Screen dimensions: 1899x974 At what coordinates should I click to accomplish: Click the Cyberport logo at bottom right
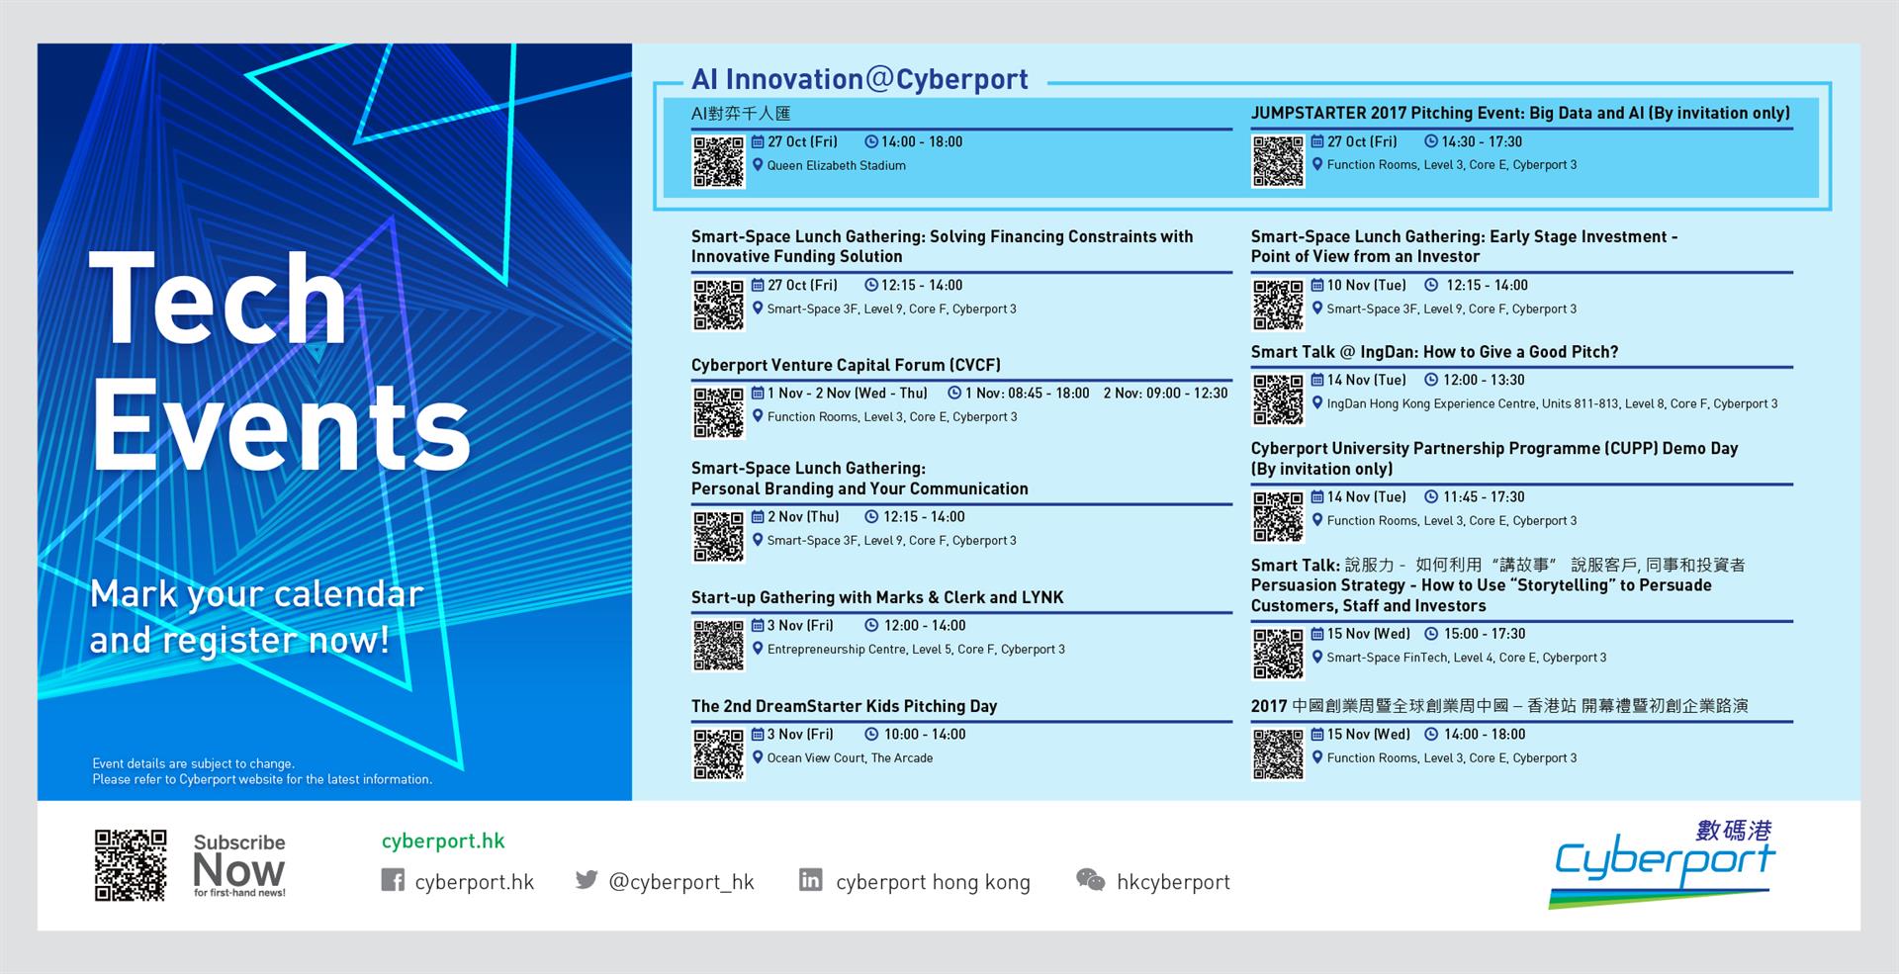point(1662,862)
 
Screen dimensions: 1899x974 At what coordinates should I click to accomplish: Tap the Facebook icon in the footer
point(393,880)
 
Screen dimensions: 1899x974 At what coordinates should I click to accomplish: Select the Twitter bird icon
point(587,879)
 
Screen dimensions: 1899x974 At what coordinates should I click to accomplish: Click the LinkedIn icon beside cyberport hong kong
point(810,880)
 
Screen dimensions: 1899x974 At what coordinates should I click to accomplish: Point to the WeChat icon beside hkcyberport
point(1090,880)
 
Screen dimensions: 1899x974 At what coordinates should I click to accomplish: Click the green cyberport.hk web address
point(443,841)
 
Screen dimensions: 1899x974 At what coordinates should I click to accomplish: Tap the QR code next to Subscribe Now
point(131,865)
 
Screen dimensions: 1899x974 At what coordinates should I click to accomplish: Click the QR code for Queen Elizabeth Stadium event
point(718,162)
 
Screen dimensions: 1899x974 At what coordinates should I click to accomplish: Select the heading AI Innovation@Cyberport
point(859,79)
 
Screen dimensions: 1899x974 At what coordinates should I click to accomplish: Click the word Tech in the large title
point(219,298)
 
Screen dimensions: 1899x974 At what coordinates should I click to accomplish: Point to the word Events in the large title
point(281,426)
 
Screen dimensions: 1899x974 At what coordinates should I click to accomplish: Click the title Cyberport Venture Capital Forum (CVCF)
point(846,365)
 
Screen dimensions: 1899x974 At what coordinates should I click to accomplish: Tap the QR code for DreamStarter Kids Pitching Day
point(718,754)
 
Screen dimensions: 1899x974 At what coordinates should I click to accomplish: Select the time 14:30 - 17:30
point(1482,141)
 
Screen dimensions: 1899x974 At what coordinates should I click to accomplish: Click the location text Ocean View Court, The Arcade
point(850,758)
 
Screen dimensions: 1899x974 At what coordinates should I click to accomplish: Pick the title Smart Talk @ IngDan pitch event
point(1434,352)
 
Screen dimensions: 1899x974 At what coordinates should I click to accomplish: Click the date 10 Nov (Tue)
point(1366,285)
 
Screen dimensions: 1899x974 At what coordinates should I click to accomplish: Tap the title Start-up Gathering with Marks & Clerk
point(877,597)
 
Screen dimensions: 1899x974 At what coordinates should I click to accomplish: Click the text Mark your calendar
point(256,595)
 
